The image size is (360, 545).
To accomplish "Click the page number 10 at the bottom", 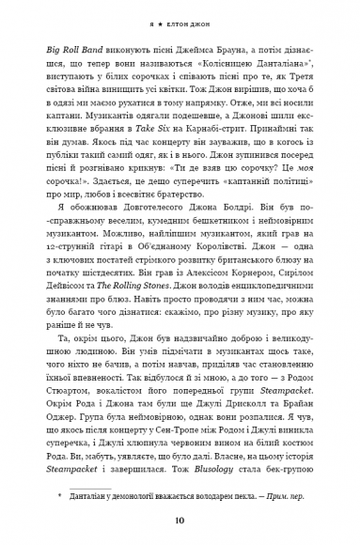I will [x=180, y=522].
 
